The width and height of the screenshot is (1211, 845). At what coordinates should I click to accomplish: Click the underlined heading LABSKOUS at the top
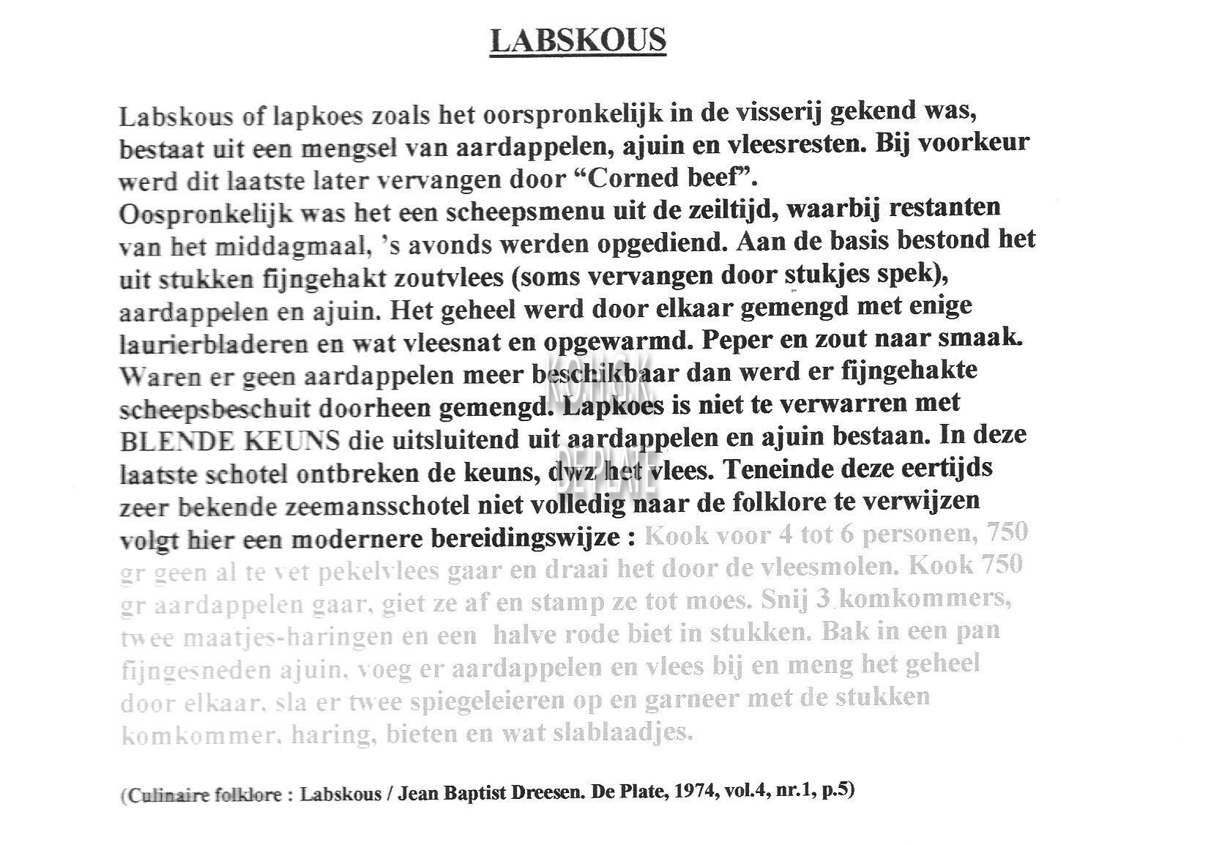[578, 40]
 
